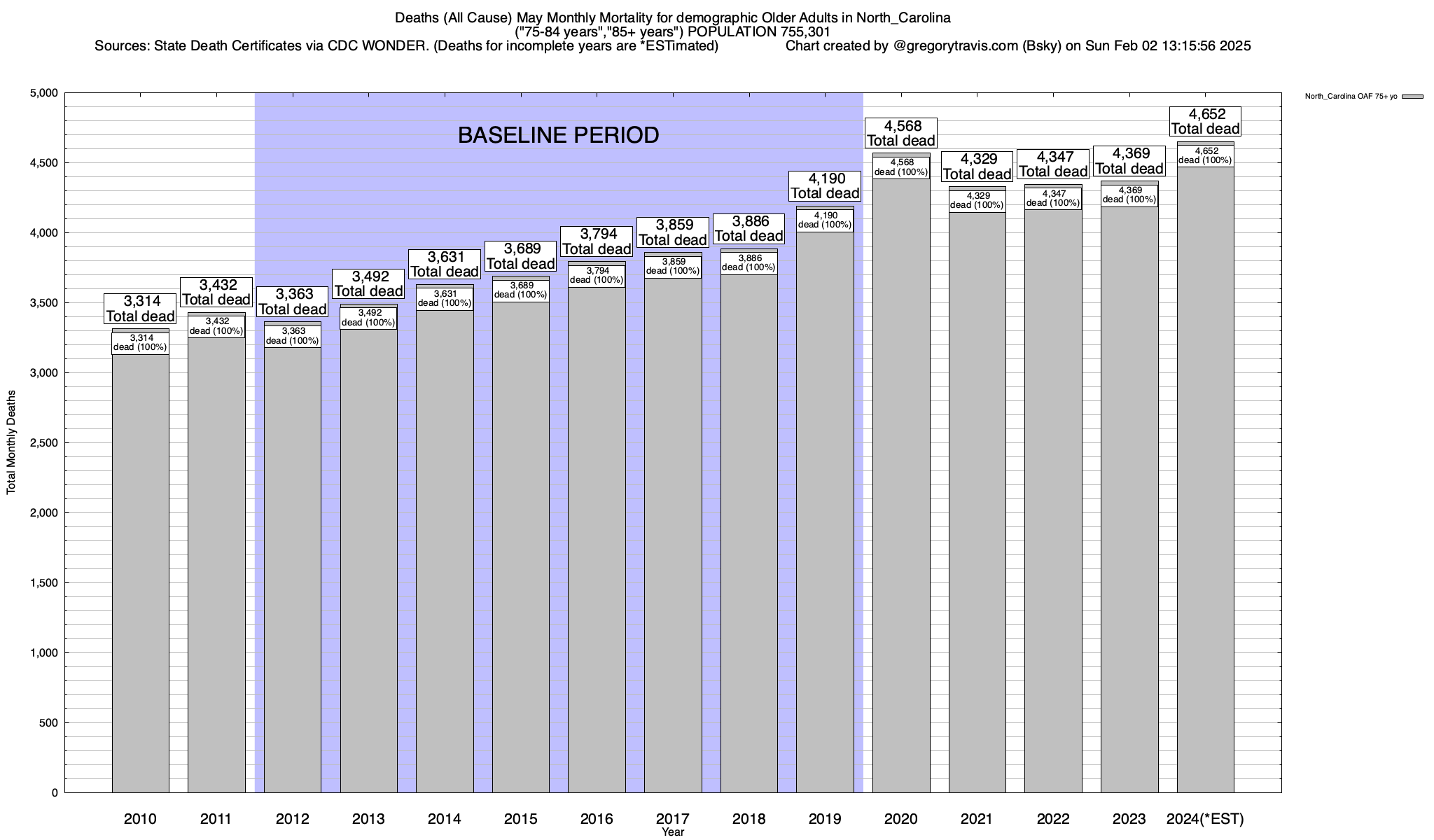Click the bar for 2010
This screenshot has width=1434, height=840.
click(x=140, y=574)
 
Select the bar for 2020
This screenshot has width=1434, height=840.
click(x=901, y=490)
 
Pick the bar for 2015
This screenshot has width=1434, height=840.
click(x=520, y=546)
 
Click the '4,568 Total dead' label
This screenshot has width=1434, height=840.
click(x=901, y=133)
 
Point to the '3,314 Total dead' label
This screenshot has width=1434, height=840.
click(x=140, y=309)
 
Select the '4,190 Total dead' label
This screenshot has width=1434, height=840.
click(x=825, y=186)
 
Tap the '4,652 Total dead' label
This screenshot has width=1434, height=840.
click(x=1205, y=121)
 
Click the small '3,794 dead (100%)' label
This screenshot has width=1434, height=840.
click(x=597, y=275)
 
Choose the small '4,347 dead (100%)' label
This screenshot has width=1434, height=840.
click(x=1053, y=198)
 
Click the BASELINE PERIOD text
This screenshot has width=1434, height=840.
click(x=558, y=135)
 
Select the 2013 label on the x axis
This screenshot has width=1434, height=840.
click(x=368, y=818)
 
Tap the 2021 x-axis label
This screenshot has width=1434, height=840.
click(x=977, y=818)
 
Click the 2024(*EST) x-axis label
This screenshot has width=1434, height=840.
click(x=1205, y=818)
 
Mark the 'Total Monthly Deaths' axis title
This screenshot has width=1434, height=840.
click(x=11, y=442)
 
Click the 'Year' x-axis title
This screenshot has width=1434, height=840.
click(x=673, y=832)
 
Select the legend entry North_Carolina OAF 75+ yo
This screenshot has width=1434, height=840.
click(x=1351, y=97)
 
